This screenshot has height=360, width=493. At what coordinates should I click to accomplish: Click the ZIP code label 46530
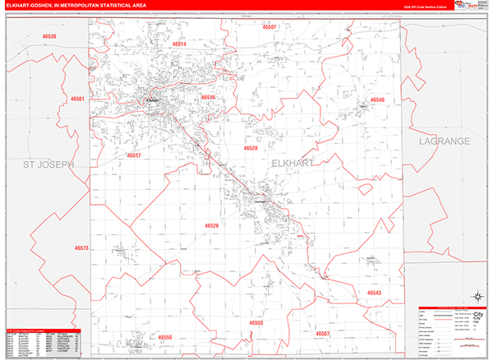point(50,38)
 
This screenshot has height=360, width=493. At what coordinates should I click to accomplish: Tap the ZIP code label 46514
point(179,44)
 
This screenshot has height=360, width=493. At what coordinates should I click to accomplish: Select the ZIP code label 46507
point(270,28)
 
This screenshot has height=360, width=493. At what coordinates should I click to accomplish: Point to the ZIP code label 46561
point(78,99)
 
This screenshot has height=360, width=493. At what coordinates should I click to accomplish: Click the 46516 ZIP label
point(208,98)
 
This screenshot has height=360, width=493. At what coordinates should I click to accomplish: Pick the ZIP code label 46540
point(377,100)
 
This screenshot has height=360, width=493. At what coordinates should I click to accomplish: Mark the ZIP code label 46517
point(134,155)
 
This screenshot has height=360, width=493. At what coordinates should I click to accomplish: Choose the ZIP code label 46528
point(251,149)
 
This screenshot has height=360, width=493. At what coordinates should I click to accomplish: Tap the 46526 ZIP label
point(212,225)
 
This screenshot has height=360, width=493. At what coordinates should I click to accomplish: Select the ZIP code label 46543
point(374,293)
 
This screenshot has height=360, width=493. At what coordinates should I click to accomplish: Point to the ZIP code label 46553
point(256,323)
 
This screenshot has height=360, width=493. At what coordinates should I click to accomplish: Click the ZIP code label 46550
point(166,338)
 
